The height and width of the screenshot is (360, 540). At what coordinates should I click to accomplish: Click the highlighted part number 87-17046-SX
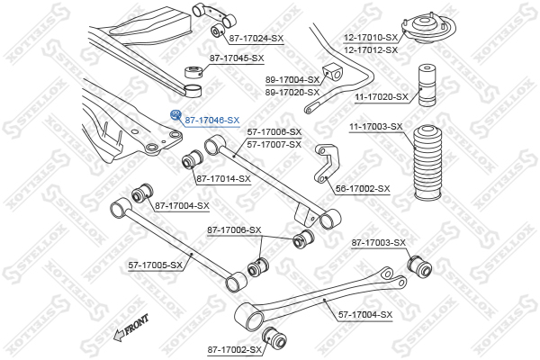212,120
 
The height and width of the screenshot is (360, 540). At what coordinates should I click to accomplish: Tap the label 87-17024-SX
256,38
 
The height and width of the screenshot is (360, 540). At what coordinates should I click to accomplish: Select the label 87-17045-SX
237,58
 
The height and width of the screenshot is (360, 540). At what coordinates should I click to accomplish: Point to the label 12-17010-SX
370,38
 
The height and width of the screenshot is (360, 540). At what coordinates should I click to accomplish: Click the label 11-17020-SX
381,96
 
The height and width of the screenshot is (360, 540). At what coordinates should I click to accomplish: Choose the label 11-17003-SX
375,127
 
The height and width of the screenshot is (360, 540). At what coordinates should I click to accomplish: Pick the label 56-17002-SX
362,189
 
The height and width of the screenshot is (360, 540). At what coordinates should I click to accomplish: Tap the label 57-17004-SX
365,314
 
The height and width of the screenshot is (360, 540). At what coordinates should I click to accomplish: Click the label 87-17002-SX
234,349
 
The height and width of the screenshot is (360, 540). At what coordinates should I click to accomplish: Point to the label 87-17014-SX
223,179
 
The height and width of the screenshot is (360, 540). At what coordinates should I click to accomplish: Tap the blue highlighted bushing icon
176,114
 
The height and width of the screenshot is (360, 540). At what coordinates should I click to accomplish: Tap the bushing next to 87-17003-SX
419,266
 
